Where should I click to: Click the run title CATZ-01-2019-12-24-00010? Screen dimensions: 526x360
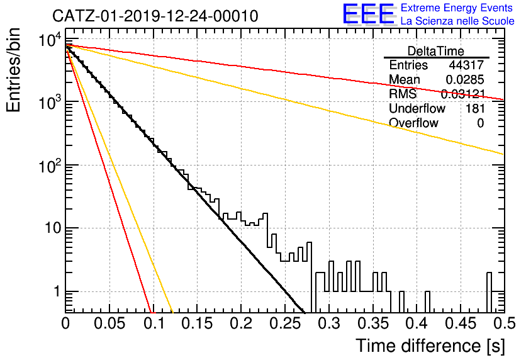(155, 16)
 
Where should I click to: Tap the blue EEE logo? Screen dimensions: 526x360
(369, 14)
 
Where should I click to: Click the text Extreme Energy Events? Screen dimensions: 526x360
(457, 8)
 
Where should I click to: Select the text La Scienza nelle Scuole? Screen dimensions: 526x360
(457, 21)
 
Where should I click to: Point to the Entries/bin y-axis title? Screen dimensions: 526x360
(13, 70)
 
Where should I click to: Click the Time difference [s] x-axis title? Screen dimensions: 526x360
(430, 346)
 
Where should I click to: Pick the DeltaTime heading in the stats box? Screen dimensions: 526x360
(436, 51)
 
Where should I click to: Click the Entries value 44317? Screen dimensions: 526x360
(466, 65)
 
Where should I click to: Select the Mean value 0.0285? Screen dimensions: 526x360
(465, 79)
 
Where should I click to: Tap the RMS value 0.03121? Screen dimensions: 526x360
(462, 94)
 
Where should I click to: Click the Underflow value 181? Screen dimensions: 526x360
(475, 108)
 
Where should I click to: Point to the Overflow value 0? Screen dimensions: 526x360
(480, 123)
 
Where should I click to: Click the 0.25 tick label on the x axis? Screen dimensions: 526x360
(284, 323)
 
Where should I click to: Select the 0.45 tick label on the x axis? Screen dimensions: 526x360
(461, 323)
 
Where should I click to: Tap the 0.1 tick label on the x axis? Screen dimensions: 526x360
(154, 323)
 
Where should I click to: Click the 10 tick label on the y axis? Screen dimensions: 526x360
(52, 228)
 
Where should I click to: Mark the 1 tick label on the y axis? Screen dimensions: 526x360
(57, 291)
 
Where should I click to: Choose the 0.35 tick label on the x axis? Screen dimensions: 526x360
(372, 323)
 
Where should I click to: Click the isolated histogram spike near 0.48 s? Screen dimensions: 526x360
(489, 292)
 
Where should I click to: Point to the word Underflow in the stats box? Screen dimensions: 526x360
(417, 108)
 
